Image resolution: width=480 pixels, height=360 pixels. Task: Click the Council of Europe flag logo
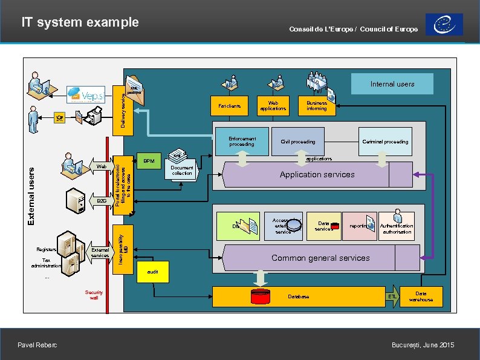[x=444, y=25]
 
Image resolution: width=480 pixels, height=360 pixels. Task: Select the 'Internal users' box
[x=392, y=84]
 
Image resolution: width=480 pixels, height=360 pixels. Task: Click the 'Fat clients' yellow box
[x=229, y=106]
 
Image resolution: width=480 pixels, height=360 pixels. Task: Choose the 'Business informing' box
[x=316, y=106]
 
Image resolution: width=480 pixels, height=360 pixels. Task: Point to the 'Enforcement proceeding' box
[x=242, y=142]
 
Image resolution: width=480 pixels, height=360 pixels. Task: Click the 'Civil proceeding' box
[x=297, y=142]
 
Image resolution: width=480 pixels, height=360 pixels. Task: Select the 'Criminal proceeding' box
[x=385, y=142]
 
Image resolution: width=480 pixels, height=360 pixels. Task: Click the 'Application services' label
[x=317, y=174]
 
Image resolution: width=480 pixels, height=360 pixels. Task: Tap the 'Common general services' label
[x=320, y=258]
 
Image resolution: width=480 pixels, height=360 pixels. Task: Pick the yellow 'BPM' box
[x=149, y=162]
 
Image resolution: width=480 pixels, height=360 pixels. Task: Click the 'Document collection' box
[x=181, y=171]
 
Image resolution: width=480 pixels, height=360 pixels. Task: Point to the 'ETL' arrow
[x=393, y=296]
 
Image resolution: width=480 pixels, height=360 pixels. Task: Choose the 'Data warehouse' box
[x=421, y=296]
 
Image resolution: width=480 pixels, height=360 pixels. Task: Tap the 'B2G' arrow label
[x=101, y=200]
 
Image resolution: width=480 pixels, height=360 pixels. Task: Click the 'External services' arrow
[x=100, y=252]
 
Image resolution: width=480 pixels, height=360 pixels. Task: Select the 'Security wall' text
[x=94, y=295]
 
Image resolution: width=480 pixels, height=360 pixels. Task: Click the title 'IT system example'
[x=80, y=22]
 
